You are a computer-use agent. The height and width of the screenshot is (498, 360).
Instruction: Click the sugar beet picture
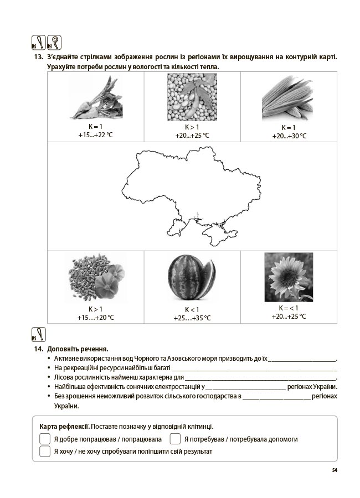95,98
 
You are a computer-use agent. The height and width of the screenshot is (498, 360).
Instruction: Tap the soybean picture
192,97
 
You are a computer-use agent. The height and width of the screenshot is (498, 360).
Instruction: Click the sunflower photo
288,277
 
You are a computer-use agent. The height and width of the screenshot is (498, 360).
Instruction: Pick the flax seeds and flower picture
95,278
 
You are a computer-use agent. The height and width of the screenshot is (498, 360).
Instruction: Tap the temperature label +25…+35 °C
192,318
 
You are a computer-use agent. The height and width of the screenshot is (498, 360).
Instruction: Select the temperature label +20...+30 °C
289,136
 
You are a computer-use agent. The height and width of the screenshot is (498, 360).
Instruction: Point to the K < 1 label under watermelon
192,309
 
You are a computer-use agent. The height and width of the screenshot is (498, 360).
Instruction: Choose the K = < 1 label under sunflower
289,308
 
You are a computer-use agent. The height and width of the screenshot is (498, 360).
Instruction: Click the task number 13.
38,58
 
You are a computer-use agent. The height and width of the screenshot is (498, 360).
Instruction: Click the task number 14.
38,349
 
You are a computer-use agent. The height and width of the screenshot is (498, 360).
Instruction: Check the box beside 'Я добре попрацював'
45,439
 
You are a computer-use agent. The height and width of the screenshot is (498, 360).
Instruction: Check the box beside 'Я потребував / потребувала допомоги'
175,439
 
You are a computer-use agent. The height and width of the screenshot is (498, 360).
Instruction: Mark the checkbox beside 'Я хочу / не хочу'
45,452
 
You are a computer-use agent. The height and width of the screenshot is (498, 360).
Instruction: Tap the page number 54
335,470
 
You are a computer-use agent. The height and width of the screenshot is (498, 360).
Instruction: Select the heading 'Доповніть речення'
78,349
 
